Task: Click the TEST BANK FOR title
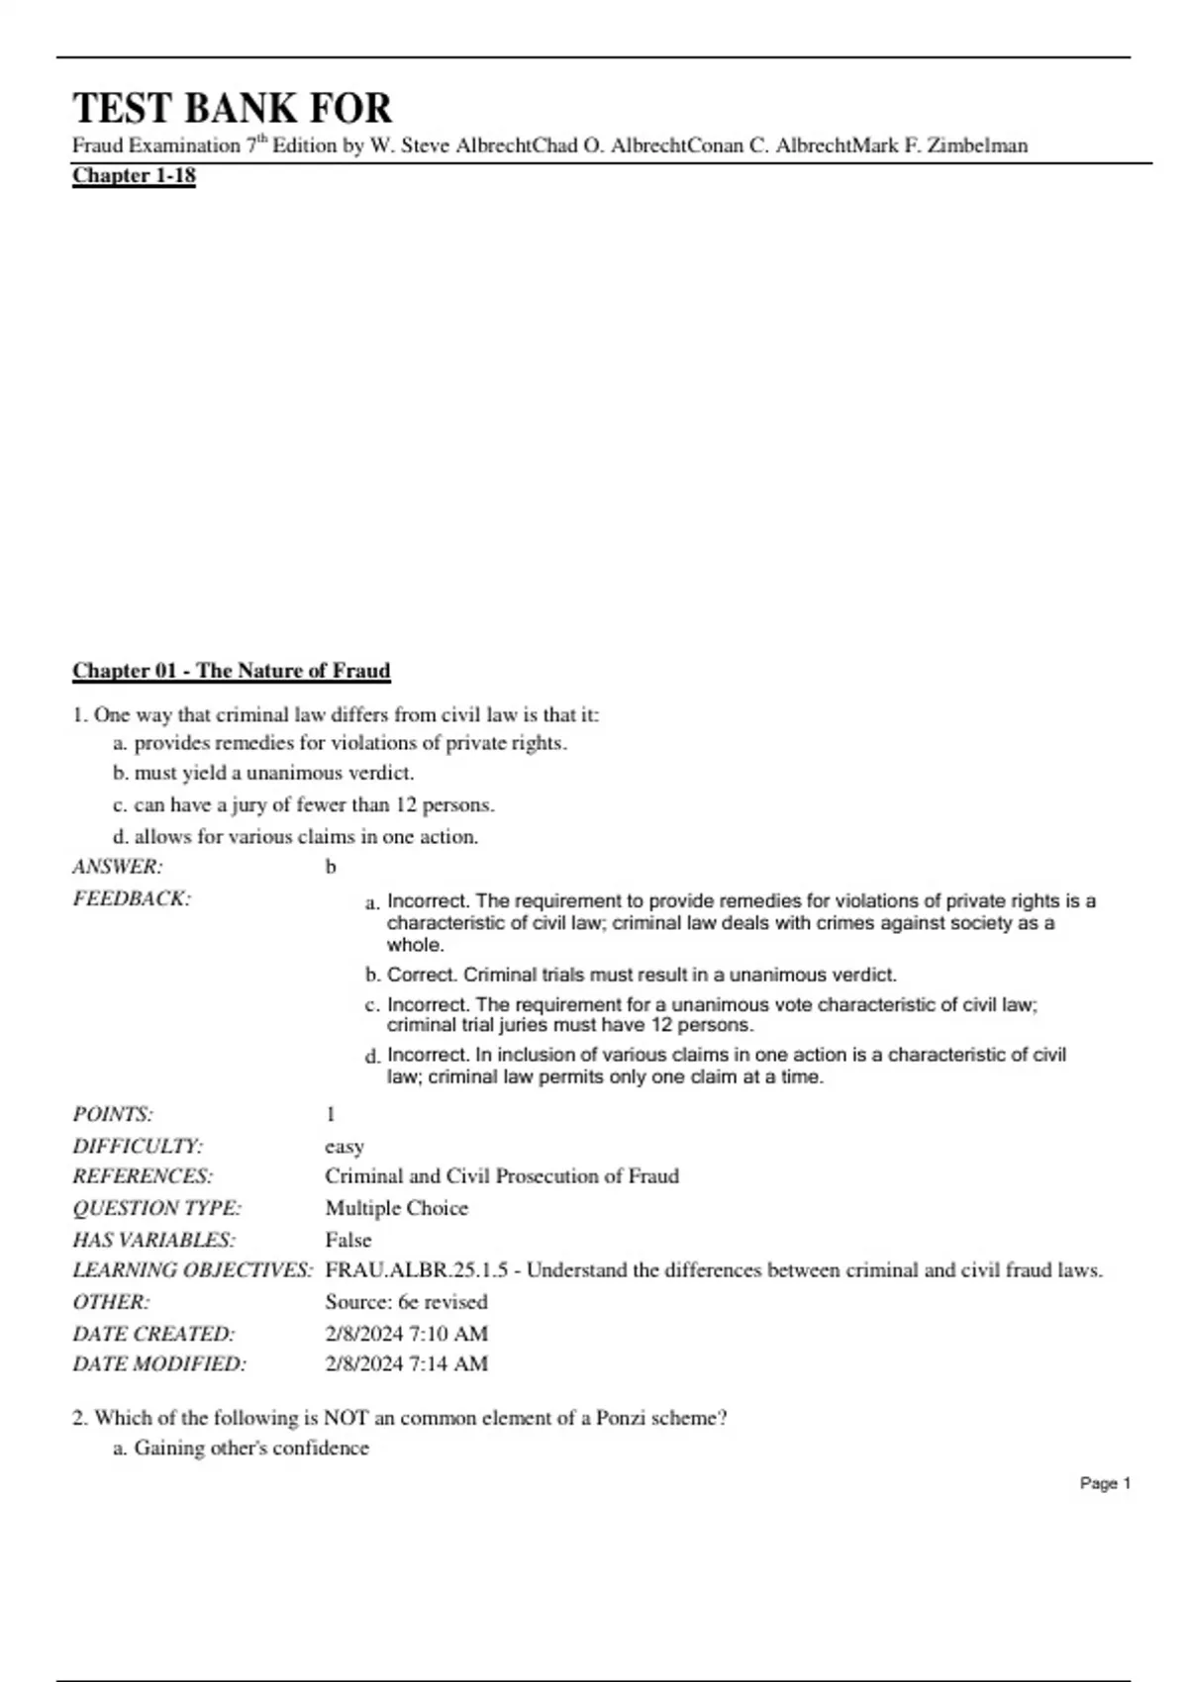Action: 232,108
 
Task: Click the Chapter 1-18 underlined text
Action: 134,176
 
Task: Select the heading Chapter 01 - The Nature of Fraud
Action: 231,671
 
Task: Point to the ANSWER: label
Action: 117,867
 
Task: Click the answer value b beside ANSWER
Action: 331,868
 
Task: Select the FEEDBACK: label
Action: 131,898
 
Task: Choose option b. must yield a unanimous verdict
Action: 263,773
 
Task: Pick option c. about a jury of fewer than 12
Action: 303,804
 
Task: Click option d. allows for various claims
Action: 295,836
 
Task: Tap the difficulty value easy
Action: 345,1146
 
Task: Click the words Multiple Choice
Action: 396,1208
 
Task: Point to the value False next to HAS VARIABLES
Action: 348,1240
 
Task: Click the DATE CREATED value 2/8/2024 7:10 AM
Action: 406,1333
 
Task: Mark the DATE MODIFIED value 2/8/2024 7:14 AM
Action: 406,1363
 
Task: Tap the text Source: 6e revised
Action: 406,1302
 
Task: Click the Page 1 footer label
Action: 1105,1483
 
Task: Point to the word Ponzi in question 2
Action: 622,1418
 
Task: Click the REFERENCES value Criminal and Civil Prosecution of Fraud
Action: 502,1176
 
